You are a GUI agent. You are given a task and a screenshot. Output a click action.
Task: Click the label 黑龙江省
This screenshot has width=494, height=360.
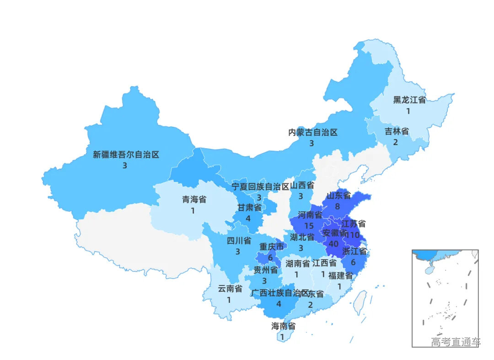409,100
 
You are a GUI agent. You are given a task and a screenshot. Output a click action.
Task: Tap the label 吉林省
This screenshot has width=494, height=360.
397,131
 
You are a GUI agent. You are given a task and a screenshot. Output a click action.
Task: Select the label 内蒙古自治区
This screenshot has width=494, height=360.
312,133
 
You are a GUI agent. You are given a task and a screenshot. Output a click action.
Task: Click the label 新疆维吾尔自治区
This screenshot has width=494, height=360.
126,155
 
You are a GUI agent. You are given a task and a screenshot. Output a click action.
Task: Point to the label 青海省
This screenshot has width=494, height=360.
194,199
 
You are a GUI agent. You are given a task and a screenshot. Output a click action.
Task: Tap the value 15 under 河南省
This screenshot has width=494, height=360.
309,226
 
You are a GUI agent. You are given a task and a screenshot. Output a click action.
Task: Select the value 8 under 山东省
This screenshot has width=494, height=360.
337,207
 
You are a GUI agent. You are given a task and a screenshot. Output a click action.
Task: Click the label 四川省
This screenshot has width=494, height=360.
239,241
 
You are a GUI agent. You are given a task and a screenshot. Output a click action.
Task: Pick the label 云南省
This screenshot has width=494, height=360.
230,289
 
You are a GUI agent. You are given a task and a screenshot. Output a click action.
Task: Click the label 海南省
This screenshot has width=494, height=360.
283,326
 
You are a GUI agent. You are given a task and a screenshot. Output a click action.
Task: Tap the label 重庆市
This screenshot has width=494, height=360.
272,247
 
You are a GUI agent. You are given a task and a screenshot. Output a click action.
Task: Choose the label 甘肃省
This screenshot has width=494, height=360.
249,208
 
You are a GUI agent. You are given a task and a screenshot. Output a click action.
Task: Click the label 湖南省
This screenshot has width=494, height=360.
297,264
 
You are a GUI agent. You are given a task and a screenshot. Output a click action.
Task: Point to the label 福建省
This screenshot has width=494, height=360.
340,276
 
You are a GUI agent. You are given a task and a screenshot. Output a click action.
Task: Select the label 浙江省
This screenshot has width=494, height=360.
354,252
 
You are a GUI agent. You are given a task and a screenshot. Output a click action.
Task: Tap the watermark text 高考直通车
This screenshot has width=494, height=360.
456,342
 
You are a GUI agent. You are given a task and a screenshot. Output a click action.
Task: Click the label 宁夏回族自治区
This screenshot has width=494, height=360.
260,187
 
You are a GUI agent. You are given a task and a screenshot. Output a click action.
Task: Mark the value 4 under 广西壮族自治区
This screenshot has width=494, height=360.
279,304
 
